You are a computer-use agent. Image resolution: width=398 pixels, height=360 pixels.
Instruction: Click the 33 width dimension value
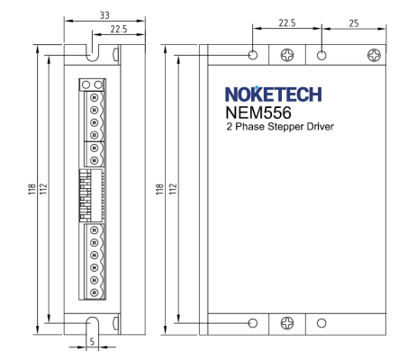tap(104, 15)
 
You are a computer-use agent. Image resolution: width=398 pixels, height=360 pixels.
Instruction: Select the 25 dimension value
tap(354, 23)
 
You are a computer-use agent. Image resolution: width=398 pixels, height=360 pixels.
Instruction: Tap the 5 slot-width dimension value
tap(92, 341)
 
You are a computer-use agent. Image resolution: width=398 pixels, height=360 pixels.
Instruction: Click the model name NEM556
tap(258, 112)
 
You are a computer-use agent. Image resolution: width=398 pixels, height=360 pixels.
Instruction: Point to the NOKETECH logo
tap(274, 94)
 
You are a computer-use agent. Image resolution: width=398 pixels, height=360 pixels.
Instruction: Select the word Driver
tap(320, 126)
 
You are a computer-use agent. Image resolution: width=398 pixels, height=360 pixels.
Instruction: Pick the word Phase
tap(249, 126)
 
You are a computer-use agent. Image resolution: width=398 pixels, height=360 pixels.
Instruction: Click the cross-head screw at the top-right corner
tap(374, 55)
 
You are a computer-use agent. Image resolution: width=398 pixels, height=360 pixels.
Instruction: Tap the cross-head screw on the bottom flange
tap(287, 323)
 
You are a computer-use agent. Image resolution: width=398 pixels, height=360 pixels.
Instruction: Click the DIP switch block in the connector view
tap(92, 195)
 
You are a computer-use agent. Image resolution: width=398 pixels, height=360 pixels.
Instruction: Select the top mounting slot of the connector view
tap(92, 53)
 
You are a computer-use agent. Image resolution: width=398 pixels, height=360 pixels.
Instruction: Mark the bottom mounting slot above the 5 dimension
tap(92, 326)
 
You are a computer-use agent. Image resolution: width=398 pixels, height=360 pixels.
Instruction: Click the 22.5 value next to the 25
tap(287, 22)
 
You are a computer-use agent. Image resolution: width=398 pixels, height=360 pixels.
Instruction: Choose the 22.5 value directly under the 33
tap(119, 29)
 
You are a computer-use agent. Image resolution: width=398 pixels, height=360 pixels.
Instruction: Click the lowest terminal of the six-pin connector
tap(95, 292)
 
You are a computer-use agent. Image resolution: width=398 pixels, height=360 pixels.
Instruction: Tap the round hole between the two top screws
tap(321, 55)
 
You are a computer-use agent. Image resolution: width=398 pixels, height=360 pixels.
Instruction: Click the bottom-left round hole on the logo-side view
tap(253, 323)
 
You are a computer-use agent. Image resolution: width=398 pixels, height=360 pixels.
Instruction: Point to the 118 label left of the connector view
tap(32, 190)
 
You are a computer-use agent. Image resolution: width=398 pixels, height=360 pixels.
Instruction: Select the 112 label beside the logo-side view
tap(173, 189)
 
